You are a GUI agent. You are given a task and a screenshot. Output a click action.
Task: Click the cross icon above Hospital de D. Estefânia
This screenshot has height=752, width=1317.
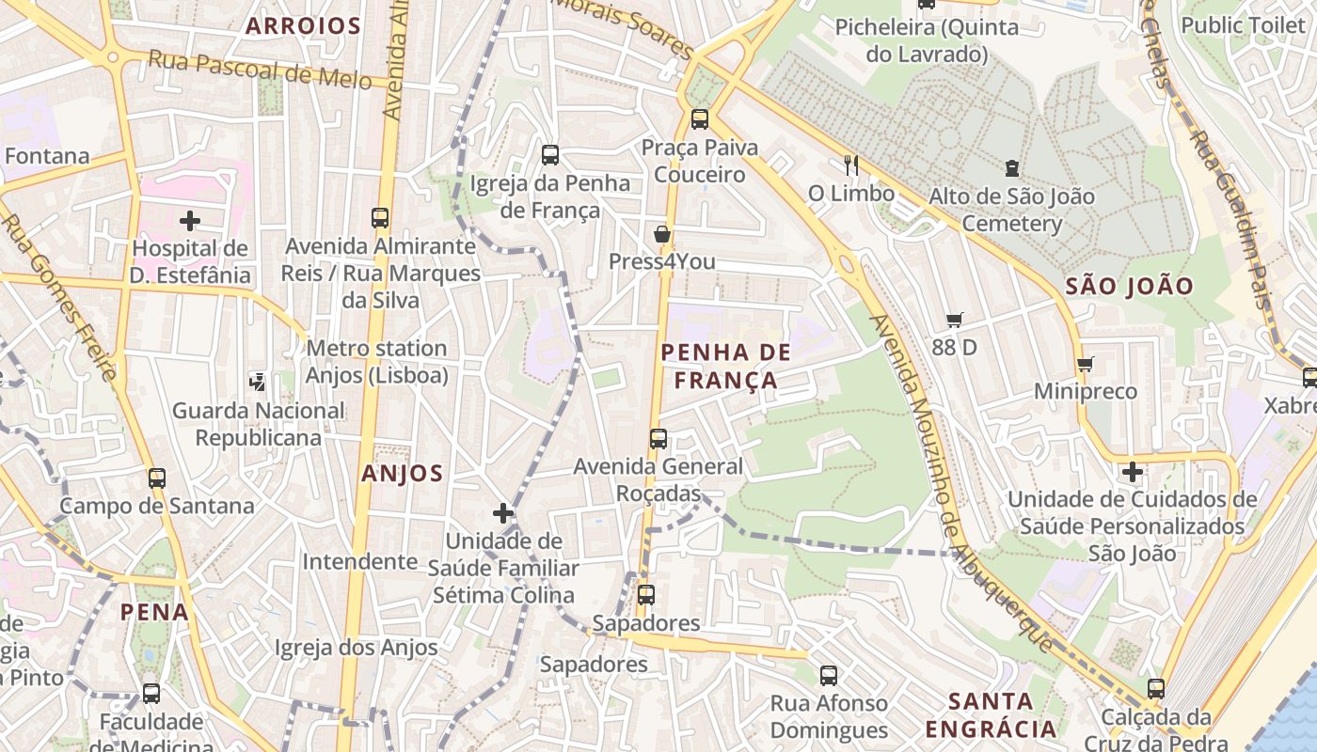(x=190, y=221)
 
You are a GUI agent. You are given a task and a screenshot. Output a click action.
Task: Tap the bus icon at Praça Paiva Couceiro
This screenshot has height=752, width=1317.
(x=700, y=119)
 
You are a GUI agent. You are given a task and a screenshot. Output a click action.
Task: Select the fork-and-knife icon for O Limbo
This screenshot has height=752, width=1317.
(x=851, y=165)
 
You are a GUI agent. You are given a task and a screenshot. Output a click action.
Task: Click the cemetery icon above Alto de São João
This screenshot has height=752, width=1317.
(x=1011, y=169)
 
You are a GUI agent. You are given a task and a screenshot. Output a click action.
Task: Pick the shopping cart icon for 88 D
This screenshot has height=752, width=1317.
(x=955, y=320)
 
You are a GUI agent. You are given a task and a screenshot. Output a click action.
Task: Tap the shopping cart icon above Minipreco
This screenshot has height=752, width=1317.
(x=1085, y=364)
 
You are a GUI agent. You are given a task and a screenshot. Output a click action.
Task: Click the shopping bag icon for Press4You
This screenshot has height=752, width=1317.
(x=662, y=234)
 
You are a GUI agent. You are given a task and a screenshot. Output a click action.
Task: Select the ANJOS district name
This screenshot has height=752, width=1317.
(x=402, y=474)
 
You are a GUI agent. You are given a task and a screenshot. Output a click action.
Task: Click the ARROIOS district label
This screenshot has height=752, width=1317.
(x=303, y=26)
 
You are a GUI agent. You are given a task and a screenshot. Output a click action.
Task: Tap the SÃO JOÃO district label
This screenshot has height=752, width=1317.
(x=1130, y=287)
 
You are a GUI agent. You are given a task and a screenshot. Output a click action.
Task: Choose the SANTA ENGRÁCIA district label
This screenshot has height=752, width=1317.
(x=991, y=714)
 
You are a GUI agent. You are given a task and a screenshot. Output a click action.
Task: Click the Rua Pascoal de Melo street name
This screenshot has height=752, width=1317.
(x=260, y=70)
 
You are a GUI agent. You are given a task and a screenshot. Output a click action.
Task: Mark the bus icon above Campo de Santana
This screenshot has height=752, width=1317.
(x=157, y=478)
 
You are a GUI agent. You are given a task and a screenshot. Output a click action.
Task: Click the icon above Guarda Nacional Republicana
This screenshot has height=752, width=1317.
(x=257, y=382)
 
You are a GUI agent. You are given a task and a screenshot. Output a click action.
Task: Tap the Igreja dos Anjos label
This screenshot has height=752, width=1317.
(x=356, y=648)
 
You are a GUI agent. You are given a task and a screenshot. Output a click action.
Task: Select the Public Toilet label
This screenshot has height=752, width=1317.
(x=1243, y=25)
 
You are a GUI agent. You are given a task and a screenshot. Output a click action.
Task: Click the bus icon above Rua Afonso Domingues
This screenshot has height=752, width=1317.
(x=828, y=675)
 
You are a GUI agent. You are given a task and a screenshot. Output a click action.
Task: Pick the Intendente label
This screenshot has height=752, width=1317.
(x=359, y=561)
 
